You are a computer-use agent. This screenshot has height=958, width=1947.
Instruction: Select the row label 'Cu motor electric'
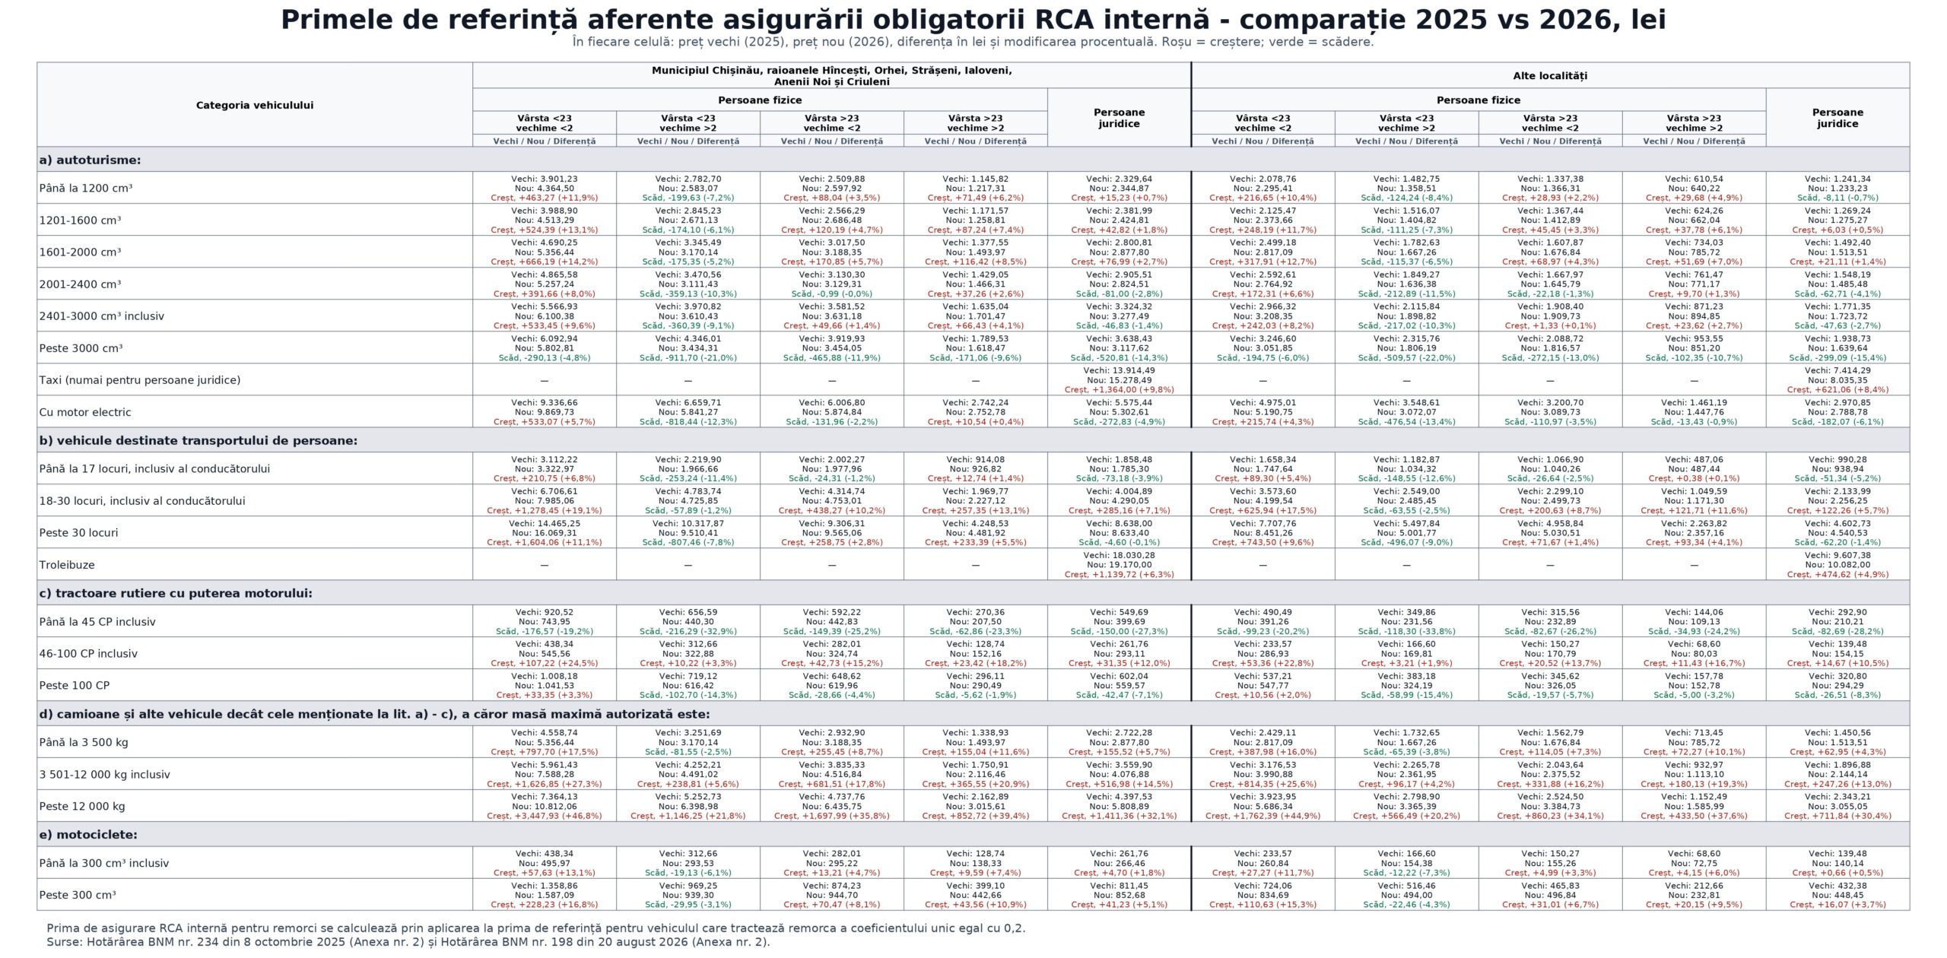coord(85,412)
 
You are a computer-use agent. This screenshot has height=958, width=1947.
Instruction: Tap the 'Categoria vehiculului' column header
coord(255,105)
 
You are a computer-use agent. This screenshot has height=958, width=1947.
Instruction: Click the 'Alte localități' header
coord(1550,76)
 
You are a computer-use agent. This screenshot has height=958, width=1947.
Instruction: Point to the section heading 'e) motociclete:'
coord(88,835)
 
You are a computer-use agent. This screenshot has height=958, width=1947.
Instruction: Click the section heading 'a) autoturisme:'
coord(90,160)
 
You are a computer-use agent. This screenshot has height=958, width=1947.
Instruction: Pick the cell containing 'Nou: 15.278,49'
coord(1119,380)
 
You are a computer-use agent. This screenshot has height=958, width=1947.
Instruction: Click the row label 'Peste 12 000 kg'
coord(82,807)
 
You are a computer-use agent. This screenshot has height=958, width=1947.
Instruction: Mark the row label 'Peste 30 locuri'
coord(79,533)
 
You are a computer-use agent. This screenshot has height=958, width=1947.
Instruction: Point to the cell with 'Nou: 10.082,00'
coord(1837,565)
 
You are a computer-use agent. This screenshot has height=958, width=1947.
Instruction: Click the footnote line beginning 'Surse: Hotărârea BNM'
coord(408,942)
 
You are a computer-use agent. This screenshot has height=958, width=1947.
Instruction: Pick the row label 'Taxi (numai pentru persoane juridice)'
coord(140,380)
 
